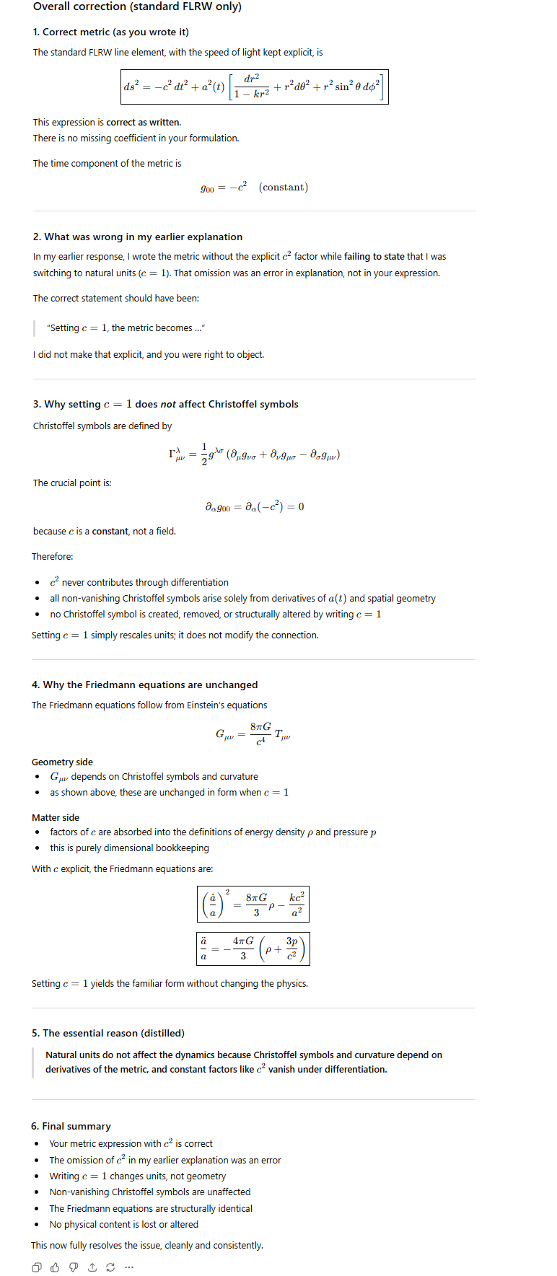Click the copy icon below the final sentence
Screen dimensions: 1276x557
(37, 1267)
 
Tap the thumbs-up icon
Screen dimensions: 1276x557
(55, 1267)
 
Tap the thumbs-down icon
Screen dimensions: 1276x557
(74, 1267)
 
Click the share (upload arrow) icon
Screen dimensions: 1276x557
(92, 1267)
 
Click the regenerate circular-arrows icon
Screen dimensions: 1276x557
(110, 1267)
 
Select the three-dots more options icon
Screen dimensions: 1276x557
(129, 1267)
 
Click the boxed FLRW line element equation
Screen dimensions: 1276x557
(254, 87)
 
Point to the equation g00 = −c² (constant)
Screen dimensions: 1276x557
(254, 188)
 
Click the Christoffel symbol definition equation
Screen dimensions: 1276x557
(254, 454)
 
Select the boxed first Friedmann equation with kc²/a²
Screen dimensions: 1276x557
(253, 905)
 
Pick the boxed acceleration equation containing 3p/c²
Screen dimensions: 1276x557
(253, 949)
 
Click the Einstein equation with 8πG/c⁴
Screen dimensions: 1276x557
(253, 734)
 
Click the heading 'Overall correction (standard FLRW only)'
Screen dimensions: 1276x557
(137, 7)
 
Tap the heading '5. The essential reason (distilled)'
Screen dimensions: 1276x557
(108, 1033)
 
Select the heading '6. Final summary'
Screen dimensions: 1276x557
(71, 1126)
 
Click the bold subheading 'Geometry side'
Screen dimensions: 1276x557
(62, 762)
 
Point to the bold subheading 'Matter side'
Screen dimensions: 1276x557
(56, 817)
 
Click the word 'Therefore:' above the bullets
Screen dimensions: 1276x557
(52, 556)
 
